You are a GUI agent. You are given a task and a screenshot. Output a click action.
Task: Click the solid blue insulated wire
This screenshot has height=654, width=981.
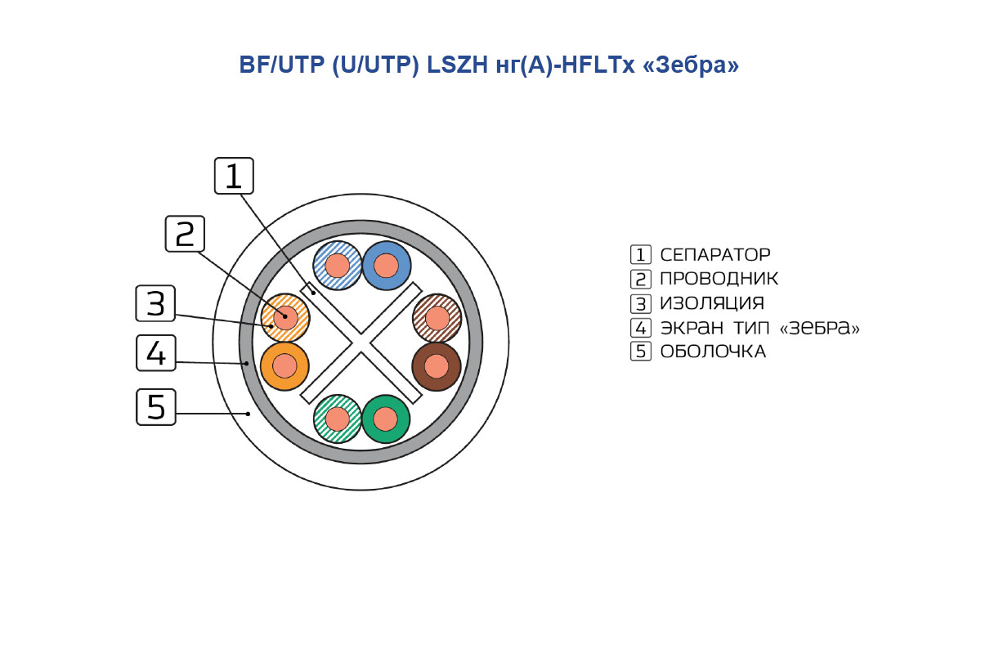tap(386, 266)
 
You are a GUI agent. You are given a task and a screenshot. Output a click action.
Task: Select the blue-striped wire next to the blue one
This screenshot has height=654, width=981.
tap(337, 266)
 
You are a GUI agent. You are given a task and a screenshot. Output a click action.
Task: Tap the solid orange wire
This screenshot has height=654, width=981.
tap(284, 366)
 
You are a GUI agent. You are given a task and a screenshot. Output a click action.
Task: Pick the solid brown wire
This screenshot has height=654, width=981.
tap(437, 366)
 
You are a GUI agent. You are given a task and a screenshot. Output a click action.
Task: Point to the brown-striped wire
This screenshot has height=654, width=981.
tap(437, 318)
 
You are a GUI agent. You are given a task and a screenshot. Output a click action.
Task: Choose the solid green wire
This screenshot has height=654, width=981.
tap(385, 419)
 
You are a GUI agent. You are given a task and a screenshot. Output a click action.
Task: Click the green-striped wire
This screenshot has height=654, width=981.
tap(337, 419)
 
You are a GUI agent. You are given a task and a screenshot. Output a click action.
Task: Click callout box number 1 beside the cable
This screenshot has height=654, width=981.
tap(234, 176)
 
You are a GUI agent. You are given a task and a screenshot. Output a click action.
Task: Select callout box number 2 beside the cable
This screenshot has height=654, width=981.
tap(185, 234)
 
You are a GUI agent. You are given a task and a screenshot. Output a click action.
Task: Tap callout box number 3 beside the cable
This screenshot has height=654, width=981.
tap(155, 303)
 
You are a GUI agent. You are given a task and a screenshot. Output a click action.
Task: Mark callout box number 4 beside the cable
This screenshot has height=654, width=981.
tap(156, 353)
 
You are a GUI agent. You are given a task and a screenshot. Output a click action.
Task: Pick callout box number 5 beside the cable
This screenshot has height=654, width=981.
tap(156, 407)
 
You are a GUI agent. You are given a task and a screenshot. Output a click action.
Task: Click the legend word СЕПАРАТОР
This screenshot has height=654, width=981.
tap(715, 254)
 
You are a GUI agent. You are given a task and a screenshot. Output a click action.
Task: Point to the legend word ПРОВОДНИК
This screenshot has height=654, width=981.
tap(719, 279)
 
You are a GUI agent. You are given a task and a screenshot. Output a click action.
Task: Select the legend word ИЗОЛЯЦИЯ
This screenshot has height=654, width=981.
tap(712, 303)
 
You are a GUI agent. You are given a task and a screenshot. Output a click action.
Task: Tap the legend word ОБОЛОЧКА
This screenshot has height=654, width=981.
tap(713, 352)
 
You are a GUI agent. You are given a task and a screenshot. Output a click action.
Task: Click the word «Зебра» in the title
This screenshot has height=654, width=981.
tap(691, 65)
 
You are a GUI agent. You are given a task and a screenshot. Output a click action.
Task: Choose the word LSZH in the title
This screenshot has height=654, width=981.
tap(457, 65)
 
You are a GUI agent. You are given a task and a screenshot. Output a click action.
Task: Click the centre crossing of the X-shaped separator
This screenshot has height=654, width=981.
tap(361, 343)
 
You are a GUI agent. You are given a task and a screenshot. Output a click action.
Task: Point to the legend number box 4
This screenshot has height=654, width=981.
tap(641, 327)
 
